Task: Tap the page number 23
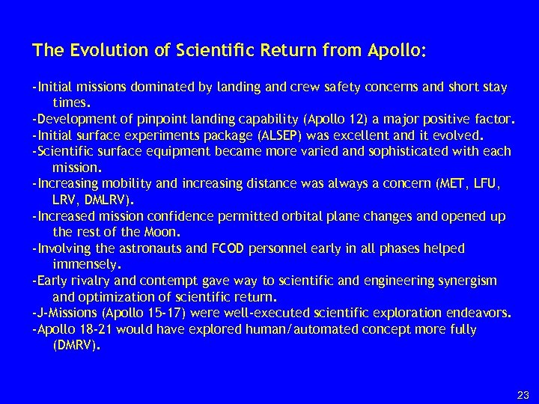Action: (x=523, y=394)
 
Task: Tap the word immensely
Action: (x=86, y=264)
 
